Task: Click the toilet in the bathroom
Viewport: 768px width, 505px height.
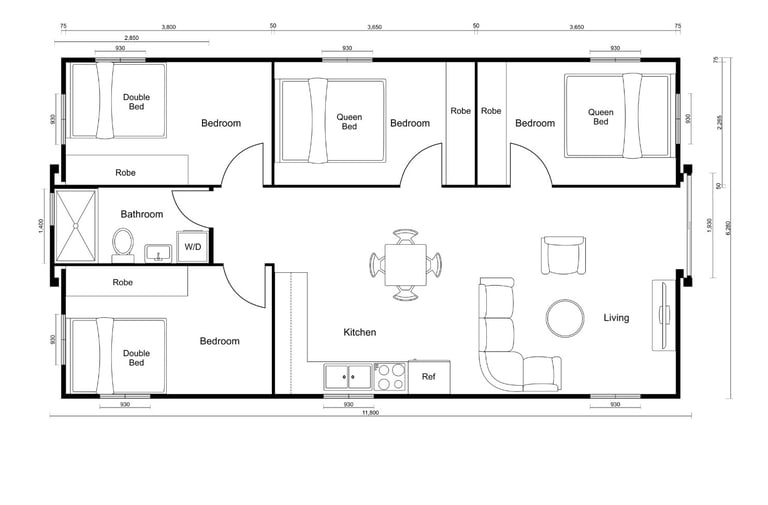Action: pyautogui.click(x=122, y=245)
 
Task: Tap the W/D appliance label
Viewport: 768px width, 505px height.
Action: pyautogui.click(x=192, y=246)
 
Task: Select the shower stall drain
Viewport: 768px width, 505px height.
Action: pyautogui.click(x=75, y=226)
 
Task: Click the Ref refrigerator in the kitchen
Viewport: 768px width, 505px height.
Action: pyautogui.click(x=429, y=377)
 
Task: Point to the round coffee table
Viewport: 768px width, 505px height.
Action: pyautogui.click(x=565, y=318)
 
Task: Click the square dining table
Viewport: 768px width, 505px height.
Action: pyautogui.click(x=405, y=265)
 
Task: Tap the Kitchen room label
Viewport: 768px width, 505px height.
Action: pyautogui.click(x=360, y=332)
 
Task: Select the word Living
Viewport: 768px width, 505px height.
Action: pyautogui.click(x=616, y=317)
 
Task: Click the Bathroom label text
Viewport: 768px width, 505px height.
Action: pyautogui.click(x=142, y=214)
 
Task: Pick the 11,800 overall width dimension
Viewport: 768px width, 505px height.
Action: pyautogui.click(x=370, y=412)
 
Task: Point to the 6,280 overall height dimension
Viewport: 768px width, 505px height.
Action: pyautogui.click(x=728, y=228)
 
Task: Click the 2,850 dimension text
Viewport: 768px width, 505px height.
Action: pyautogui.click(x=131, y=37)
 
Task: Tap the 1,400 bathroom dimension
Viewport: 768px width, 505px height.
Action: pyautogui.click(x=41, y=226)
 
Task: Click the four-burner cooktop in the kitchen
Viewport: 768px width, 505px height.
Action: pyautogui.click(x=390, y=377)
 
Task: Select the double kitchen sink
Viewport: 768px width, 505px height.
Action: pyautogui.click(x=348, y=377)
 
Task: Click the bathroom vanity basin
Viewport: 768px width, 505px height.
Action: pyautogui.click(x=158, y=253)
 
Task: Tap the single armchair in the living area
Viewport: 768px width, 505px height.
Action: pyautogui.click(x=563, y=255)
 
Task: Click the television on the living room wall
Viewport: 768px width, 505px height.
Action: pyautogui.click(x=663, y=315)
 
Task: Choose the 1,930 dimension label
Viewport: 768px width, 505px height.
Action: pyautogui.click(x=710, y=226)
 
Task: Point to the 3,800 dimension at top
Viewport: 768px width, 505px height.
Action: pyautogui.click(x=168, y=27)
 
